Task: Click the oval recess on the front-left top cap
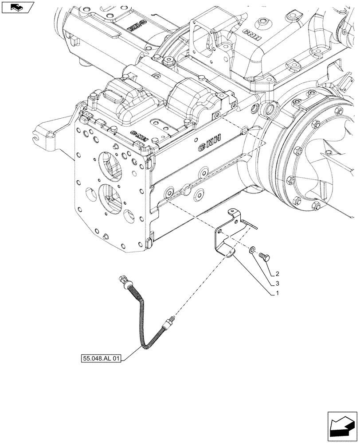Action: point(114,96)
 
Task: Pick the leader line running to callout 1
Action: point(253,275)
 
